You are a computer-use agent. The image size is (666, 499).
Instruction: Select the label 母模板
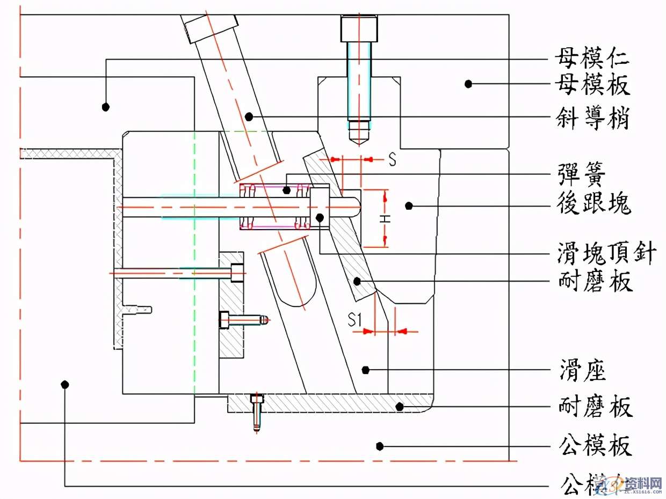pos(592,84)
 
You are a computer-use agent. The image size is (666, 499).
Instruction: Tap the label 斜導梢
pos(592,118)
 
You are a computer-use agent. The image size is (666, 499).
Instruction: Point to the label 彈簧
pos(582,175)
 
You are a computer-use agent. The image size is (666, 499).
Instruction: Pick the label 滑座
pos(582,370)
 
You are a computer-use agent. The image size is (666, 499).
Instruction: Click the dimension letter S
pos(393,160)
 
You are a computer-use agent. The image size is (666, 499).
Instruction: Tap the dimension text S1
pos(354,321)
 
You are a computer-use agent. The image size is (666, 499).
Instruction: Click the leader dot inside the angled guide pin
pos(249,116)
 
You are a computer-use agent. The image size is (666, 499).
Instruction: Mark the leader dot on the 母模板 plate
pos(468,84)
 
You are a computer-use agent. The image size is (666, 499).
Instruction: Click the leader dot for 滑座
pos(366,370)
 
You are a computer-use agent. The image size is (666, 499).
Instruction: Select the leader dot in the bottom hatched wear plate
pos(399,406)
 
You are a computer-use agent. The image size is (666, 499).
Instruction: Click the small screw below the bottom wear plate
pos(257,413)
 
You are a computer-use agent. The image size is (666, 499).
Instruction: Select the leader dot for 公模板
pos(380,445)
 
